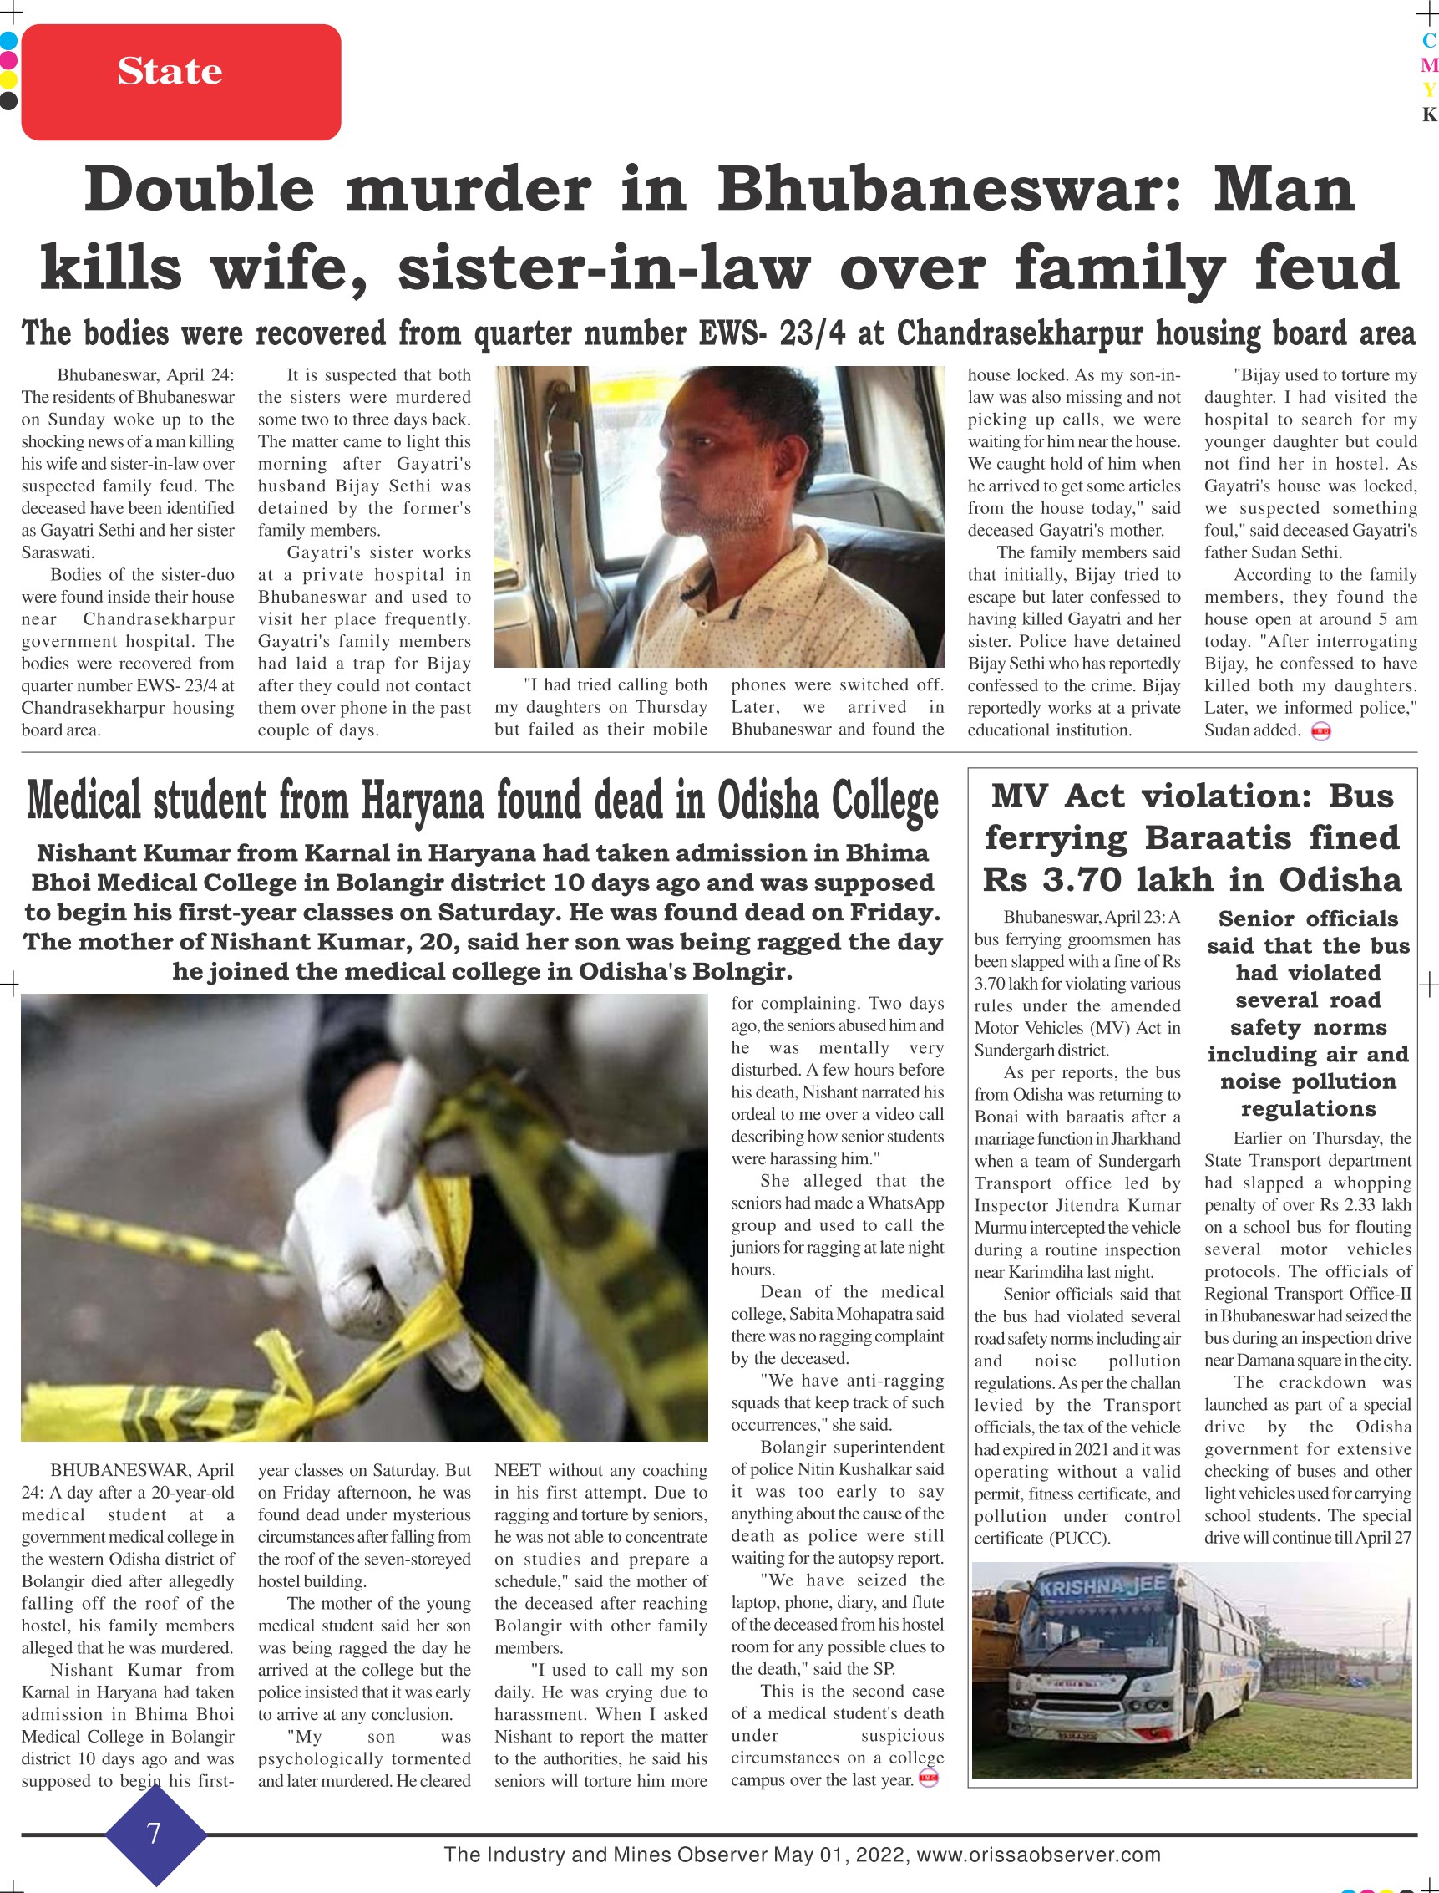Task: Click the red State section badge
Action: coord(180,81)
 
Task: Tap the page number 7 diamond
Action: coord(155,1833)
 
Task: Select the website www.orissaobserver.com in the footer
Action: coord(1038,1855)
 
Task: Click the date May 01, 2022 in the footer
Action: coord(839,1855)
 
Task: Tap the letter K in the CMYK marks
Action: coord(1429,114)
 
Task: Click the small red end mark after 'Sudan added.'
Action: coord(1320,731)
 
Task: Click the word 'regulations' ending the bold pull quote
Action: coord(1308,1109)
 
